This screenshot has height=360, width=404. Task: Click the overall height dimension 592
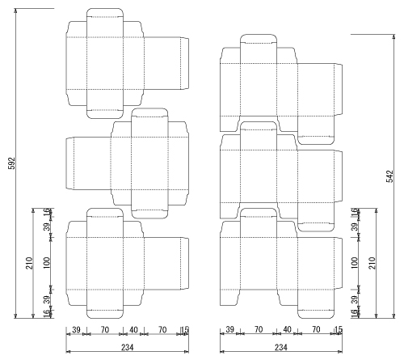(x=12, y=163)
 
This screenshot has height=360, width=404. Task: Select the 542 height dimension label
(x=389, y=176)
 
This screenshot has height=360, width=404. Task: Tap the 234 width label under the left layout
(x=127, y=347)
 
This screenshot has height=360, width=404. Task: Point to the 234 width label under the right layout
(x=280, y=347)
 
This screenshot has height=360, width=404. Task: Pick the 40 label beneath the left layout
(x=133, y=329)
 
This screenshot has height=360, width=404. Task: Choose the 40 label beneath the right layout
(x=287, y=329)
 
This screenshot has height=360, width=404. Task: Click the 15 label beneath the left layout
(x=185, y=329)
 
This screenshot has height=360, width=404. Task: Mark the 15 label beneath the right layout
(x=339, y=329)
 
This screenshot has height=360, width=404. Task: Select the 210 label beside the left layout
(x=29, y=263)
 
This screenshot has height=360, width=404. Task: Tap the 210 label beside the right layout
(x=372, y=263)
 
